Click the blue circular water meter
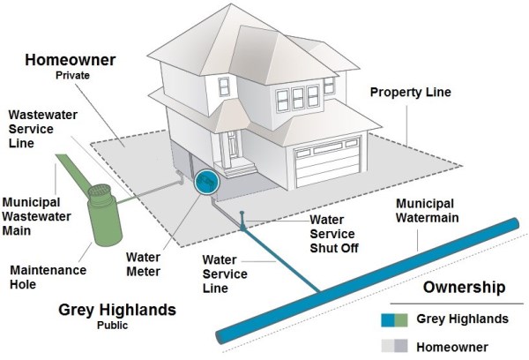(205, 183)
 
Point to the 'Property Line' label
(410, 93)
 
